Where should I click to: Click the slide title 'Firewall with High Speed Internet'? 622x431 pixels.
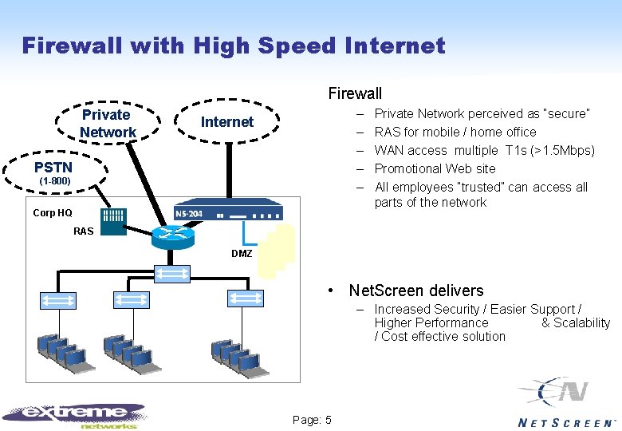(x=233, y=45)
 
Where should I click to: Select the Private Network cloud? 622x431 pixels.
(x=107, y=124)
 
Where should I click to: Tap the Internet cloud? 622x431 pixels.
(x=227, y=122)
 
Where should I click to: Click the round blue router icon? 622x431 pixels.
(x=171, y=235)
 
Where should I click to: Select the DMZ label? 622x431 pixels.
(x=242, y=254)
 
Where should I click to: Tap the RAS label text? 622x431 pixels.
(x=83, y=231)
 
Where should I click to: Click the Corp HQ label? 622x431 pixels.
(x=53, y=213)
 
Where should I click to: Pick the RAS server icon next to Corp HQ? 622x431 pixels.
(x=112, y=220)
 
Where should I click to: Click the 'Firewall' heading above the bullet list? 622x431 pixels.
(x=355, y=94)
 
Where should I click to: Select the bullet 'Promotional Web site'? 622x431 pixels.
(x=435, y=168)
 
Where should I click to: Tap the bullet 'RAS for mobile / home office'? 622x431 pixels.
(x=455, y=132)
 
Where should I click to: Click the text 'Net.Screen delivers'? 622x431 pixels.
(x=416, y=291)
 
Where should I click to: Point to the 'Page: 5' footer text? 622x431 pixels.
(x=313, y=421)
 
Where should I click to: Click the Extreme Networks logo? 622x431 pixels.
(x=76, y=414)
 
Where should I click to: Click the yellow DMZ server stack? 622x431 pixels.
(x=278, y=251)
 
